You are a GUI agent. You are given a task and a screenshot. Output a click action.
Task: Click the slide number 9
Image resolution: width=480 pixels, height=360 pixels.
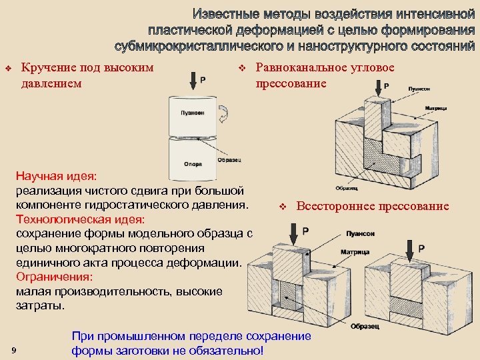coord(14,351)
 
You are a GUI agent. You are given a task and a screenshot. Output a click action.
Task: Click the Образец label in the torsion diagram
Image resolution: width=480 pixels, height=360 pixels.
coord(229,160)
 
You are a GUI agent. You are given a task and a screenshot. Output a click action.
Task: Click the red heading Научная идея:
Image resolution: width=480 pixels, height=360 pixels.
coord(56,176)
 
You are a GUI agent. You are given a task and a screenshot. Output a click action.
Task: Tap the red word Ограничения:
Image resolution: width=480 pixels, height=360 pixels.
coord(53,276)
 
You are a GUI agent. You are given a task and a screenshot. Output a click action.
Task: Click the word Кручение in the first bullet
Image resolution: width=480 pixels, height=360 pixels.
coord(49,67)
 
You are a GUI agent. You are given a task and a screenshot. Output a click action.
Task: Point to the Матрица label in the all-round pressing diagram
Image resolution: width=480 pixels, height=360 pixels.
coord(355,253)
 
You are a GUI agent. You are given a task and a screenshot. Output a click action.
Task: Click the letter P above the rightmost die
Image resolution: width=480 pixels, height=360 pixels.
coord(421,248)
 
